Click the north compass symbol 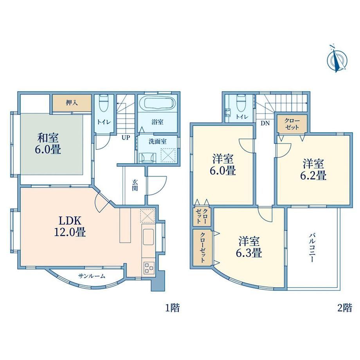(x=337, y=59)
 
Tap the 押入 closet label (x=72, y=103)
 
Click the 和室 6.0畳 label (x=48, y=144)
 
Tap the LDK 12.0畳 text (x=70, y=227)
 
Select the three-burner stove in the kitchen (x=148, y=268)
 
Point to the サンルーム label (x=92, y=276)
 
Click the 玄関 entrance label (x=135, y=185)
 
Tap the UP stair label (x=126, y=138)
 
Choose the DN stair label (x=265, y=123)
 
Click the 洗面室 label (x=157, y=141)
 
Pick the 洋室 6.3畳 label (x=249, y=247)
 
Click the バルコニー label (x=311, y=248)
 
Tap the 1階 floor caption (x=173, y=308)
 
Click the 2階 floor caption (x=345, y=308)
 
